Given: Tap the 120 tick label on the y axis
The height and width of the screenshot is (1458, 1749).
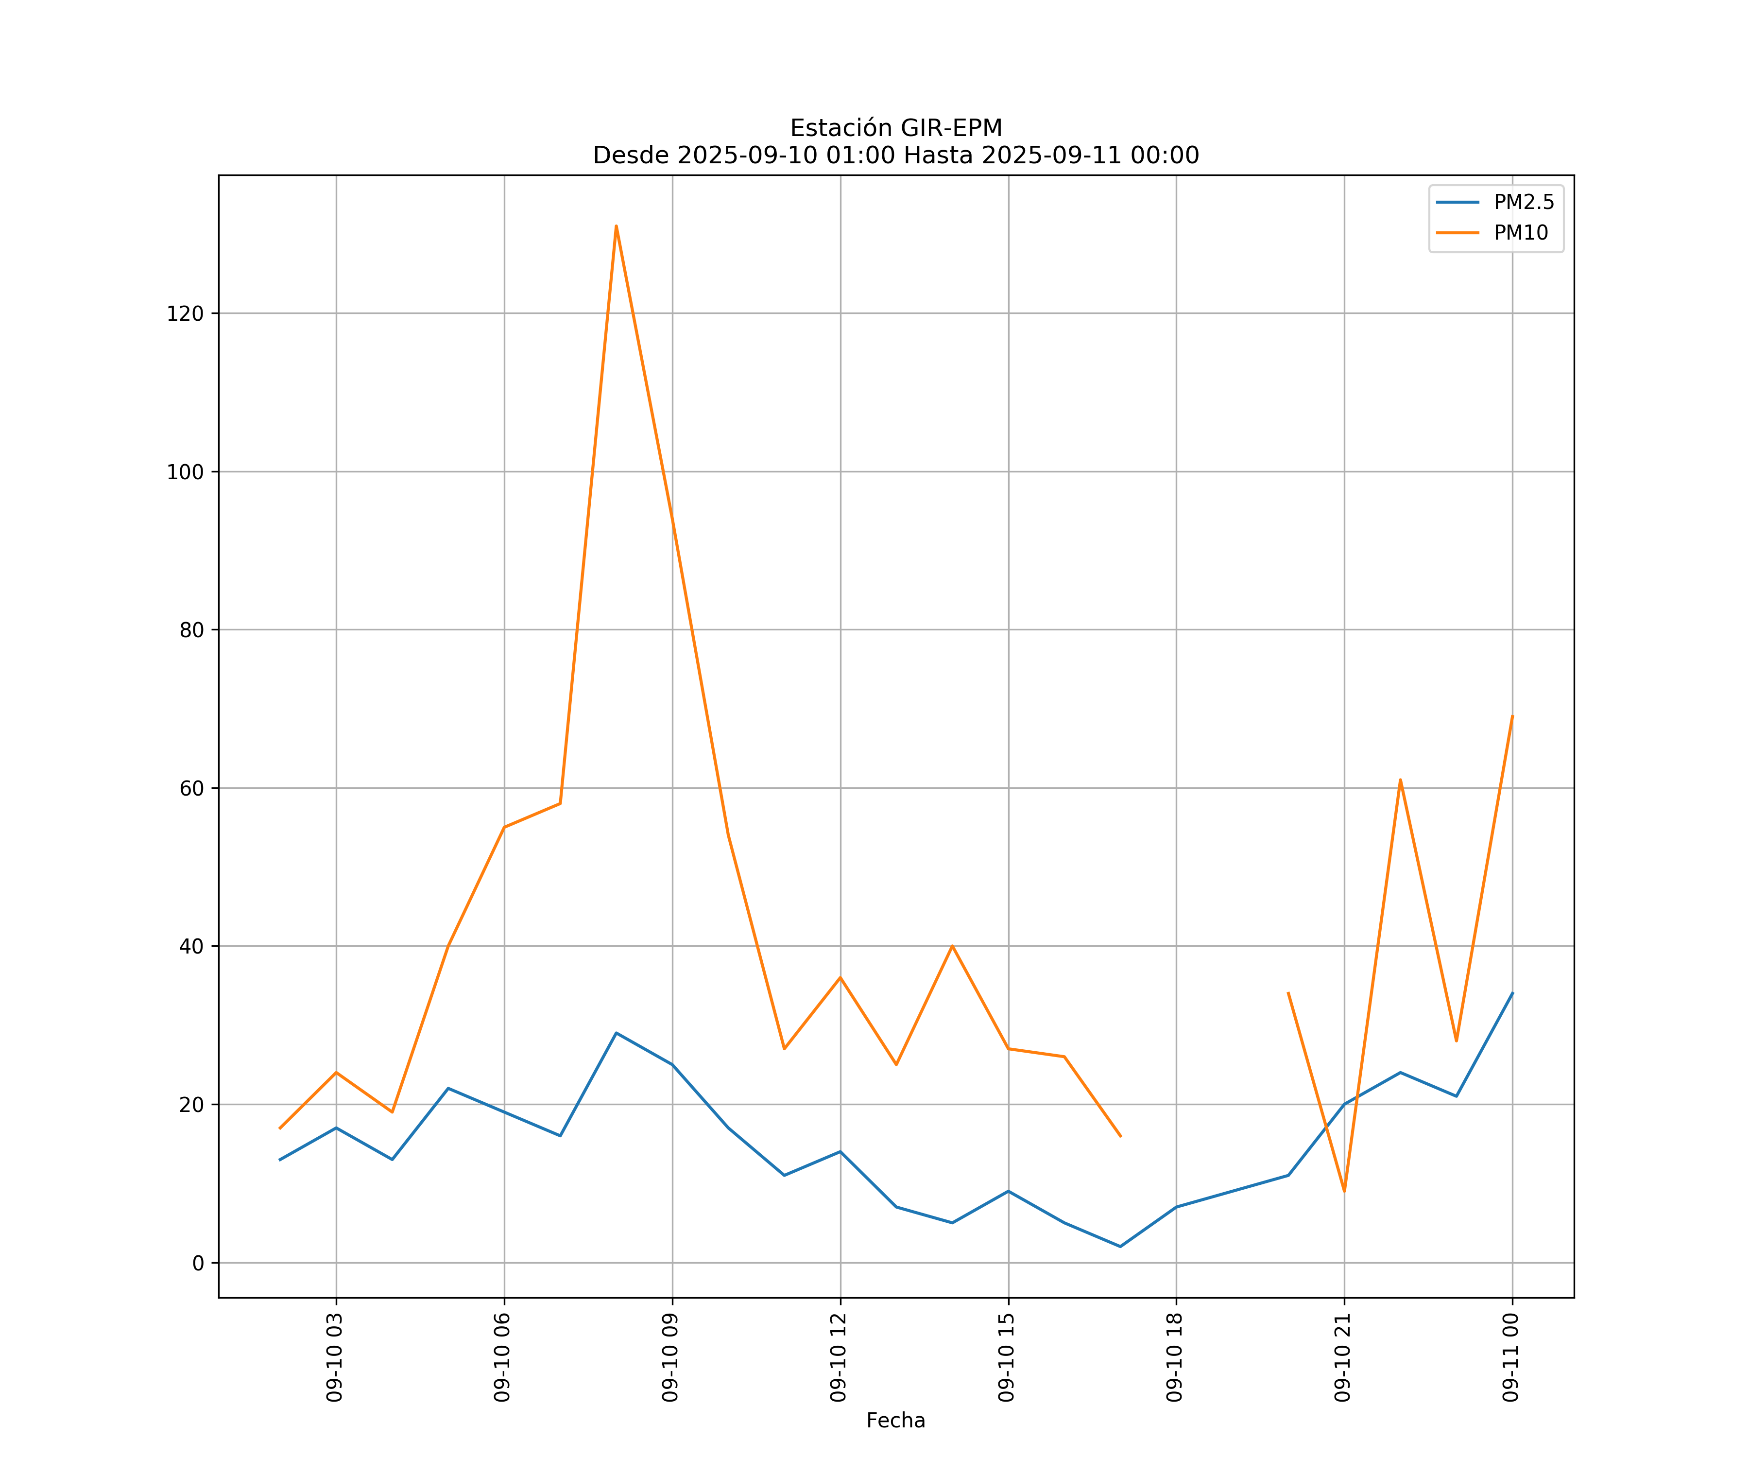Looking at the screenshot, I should click(x=185, y=313).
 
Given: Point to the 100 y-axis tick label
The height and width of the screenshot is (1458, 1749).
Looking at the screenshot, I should click(x=185, y=471).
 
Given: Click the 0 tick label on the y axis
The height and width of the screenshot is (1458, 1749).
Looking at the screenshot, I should click(x=197, y=1263).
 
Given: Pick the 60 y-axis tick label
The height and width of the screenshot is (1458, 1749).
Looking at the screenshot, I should click(x=191, y=788).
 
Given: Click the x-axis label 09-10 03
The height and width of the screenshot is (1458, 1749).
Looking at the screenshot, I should click(x=335, y=1356).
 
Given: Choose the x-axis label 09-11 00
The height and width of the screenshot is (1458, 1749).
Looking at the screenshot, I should click(x=1511, y=1356).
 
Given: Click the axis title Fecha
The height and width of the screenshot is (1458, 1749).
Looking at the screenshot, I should click(x=895, y=1421).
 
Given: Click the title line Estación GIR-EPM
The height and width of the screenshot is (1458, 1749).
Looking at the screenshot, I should click(x=895, y=128).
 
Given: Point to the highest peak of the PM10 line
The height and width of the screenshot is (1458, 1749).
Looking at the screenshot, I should click(x=617, y=226).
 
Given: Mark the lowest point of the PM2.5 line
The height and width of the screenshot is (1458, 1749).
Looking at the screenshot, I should click(x=1120, y=1247).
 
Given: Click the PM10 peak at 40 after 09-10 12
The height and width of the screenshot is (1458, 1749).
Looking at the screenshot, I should click(x=952, y=946).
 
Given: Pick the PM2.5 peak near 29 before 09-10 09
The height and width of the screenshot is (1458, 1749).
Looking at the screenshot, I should click(x=617, y=1033).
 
